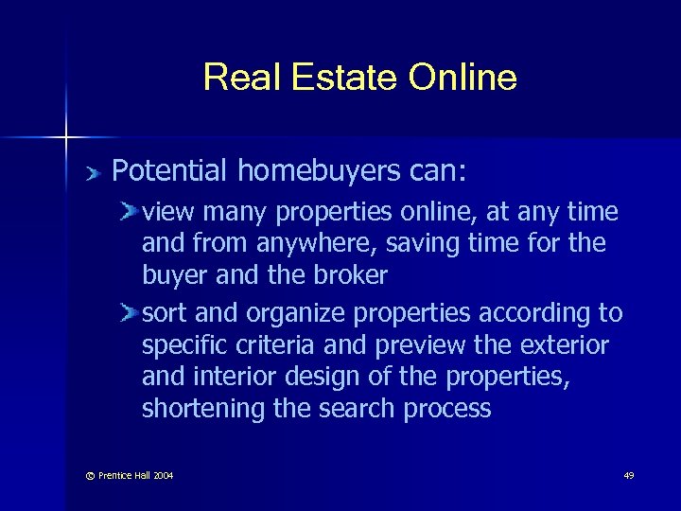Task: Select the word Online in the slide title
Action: point(463,78)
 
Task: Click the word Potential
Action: point(169,171)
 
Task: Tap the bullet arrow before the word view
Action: point(131,211)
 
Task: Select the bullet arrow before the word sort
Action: point(131,312)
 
